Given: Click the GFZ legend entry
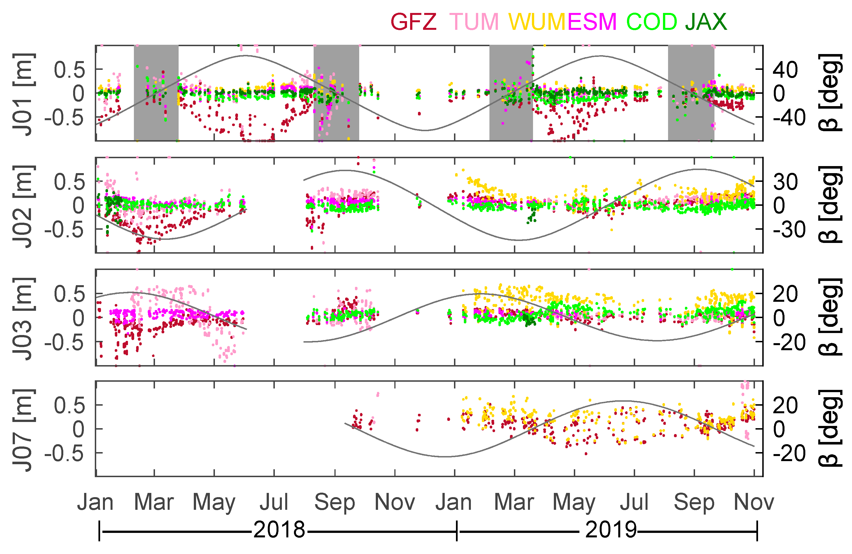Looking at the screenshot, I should tap(413, 22).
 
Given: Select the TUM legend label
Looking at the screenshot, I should tap(474, 22).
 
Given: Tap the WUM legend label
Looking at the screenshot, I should tap(538, 22).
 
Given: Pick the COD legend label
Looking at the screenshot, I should tap(651, 22).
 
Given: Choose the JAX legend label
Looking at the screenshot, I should tap(706, 22).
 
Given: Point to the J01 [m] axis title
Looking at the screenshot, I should tap(24, 94).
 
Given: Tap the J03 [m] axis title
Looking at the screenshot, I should tap(24, 318).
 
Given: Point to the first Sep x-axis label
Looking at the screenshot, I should tap(335, 502).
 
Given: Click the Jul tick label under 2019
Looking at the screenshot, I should tap(634, 502).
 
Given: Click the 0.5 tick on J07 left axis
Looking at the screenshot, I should tap(69, 406).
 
